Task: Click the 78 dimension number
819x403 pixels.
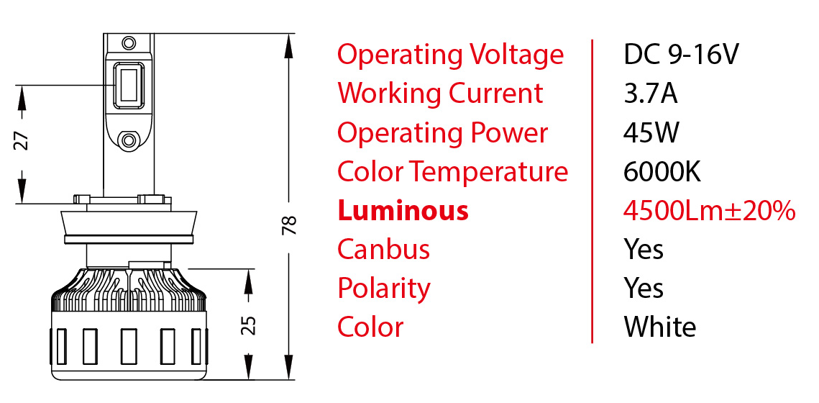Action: pos(290,225)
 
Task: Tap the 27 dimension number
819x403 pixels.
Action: pos(22,140)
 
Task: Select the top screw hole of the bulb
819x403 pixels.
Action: pos(129,41)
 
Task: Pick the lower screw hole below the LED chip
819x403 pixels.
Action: pos(129,139)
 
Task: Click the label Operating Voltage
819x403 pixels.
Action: pos(451,55)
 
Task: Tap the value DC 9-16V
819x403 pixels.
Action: pos(681,55)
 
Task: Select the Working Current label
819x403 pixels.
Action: pos(440,94)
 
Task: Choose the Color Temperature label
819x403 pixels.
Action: pos(452,172)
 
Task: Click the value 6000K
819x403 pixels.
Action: pos(662,172)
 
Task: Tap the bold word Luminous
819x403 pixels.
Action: pos(403,211)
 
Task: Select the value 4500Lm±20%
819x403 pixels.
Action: pos(710,211)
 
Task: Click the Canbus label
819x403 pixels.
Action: pos(383,250)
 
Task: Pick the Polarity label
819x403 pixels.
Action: pos(384,289)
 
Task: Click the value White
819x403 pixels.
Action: pos(660,327)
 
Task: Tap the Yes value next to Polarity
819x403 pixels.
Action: pos(644,289)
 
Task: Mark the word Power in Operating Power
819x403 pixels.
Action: pos(509,132)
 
